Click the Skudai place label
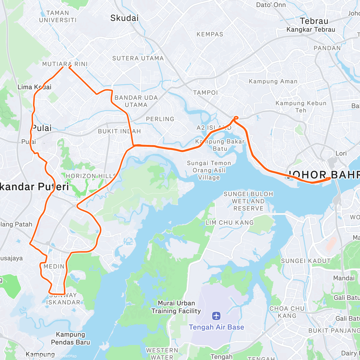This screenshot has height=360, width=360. click(x=124, y=18)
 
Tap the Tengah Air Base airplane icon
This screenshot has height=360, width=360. click(x=216, y=316)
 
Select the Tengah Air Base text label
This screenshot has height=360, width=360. click(x=216, y=327)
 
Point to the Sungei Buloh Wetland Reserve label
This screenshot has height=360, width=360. click(x=248, y=201)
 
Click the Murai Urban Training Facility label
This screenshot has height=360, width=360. click(x=176, y=307)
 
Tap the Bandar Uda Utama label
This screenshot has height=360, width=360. click(x=136, y=101)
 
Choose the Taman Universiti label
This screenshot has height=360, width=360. click(x=58, y=16)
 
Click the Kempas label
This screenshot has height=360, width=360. click(x=210, y=34)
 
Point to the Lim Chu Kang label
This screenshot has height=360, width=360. click(x=229, y=223)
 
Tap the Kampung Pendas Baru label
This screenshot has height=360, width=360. click(x=70, y=338)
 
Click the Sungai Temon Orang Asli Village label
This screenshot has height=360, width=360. click(x=209, y=170)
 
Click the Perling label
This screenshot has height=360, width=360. click(x=160, y=119)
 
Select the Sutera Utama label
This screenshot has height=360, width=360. click(x=138, y=58)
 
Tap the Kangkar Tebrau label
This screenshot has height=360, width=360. click(x=310, y=29)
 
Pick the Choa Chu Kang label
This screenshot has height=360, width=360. click(x=287, y=312)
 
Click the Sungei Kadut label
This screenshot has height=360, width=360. click(x=306, y=261)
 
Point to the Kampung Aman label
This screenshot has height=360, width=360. click(x=273, y=81)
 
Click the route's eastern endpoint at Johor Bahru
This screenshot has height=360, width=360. click(x=329, y=178)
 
